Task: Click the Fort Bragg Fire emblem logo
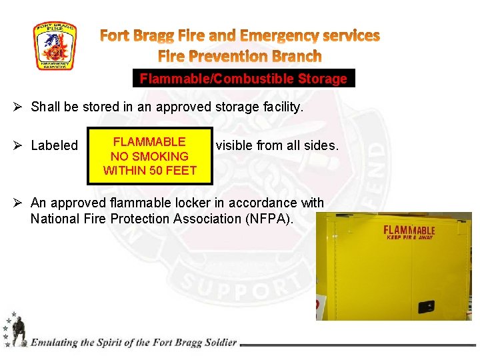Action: (55, 46)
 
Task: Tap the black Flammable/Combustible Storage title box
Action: (243, 79)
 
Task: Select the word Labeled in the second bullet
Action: (55, 145)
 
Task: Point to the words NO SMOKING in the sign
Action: (149, 156)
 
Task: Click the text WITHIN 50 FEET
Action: (149, 170)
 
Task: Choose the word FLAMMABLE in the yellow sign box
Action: (149, 141)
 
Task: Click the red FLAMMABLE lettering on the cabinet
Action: (409, 230)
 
